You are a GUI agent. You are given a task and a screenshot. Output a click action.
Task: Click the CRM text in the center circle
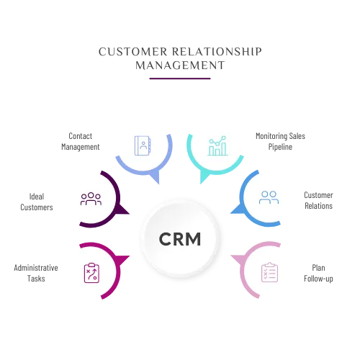tap(180, 239)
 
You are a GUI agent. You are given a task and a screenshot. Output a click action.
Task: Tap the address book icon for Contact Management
tap(143, 145)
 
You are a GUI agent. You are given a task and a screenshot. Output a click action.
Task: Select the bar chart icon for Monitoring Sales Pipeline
tap(217, 145)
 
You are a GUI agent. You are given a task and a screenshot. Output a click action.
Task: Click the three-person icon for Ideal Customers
tap(91, 199)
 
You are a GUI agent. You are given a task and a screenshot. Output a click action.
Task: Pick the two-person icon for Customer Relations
tap(269, 197)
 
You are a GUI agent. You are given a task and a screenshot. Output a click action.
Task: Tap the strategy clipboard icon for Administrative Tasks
tap(91, 273)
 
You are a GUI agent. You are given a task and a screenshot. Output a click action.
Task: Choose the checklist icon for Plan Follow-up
tap(269, 272)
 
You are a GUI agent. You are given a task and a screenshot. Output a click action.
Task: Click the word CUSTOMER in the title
tap(133, 52)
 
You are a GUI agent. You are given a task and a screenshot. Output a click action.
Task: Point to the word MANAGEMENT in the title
tap(180, 66)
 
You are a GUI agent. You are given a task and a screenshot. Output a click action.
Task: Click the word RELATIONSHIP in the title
tap(217, 52)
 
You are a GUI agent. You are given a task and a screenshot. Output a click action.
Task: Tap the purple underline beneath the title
tap(180, 78)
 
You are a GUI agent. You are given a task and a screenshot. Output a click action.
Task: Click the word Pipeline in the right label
tap(280, 147)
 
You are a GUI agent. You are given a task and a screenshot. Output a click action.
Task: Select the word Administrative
tap(36, 268)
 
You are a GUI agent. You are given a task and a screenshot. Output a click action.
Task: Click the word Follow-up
tap(318, 279)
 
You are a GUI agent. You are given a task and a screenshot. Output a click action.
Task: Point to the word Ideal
tap(37, 197)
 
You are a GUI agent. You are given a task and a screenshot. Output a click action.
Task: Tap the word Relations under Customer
tap(318, 206)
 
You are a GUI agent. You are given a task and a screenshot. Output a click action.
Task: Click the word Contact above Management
tap(81, 136)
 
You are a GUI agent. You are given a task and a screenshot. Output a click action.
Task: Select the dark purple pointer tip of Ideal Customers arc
tap(130, 214)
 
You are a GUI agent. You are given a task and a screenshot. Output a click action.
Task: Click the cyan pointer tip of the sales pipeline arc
tap(201, 184)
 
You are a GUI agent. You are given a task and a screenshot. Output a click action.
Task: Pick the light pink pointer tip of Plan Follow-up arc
tap(231, 256)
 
